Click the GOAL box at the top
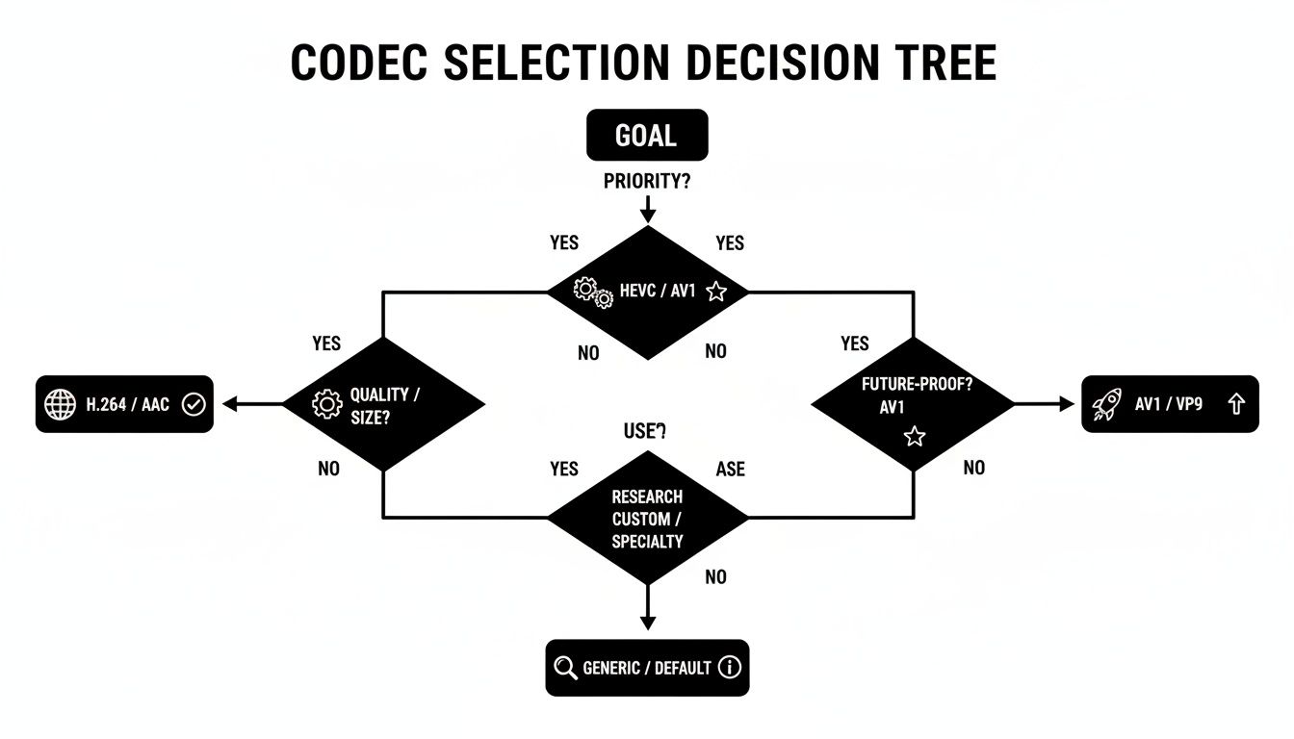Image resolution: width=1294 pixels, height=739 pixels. click(647, 135)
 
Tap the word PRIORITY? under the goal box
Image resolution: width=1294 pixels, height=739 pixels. click(647, 181)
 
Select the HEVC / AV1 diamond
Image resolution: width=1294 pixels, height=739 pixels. click(647, 293)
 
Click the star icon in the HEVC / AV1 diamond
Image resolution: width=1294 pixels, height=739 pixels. click(715, 292)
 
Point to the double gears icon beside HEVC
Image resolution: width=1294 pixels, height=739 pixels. click(592, 293)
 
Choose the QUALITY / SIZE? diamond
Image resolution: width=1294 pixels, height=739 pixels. click(383, 404)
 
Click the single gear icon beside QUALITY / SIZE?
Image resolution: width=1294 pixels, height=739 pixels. click(328, 404)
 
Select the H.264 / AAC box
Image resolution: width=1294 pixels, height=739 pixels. click(125, 404)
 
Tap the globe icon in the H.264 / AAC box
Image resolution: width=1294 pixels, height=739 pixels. click(60, 405)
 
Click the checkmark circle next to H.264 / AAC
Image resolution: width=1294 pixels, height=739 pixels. click(194, 405)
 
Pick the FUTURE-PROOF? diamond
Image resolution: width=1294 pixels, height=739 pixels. click(913, 404)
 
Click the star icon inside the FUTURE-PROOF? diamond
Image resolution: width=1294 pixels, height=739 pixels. click(915, 437)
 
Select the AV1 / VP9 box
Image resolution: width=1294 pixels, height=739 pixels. click(1170, 404)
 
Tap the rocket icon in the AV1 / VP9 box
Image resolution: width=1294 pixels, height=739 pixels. click(1107, 405)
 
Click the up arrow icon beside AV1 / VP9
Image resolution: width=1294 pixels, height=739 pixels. click(1237, 405)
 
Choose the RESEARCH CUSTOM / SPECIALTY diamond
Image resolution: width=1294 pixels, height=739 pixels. click(647, 519)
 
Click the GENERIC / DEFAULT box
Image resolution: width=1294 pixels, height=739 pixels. click(647, 668)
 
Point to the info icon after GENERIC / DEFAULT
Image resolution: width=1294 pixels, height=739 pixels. click(730, 668)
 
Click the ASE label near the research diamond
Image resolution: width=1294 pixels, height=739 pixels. click(730, 469)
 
